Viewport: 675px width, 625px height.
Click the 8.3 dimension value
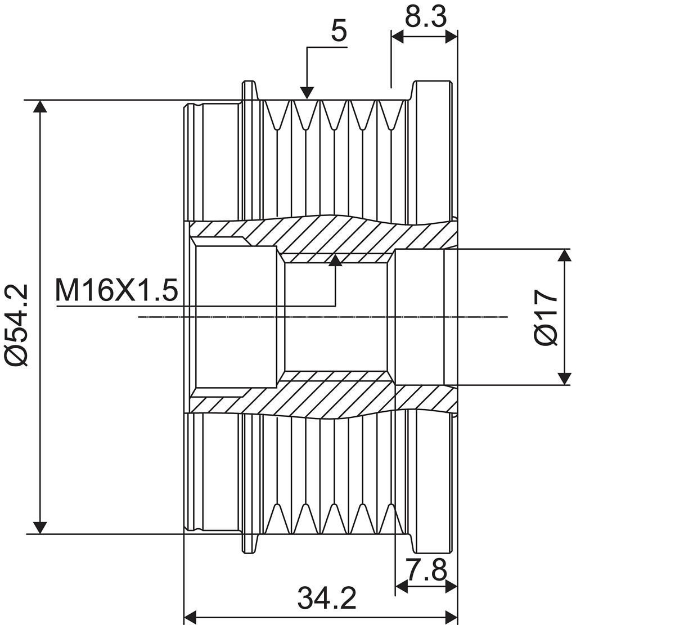point(425,17)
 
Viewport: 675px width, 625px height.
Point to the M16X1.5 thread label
point(116,290)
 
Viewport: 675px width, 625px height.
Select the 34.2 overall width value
point(327,599)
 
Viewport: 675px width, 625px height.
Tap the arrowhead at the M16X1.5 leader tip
point(335,260)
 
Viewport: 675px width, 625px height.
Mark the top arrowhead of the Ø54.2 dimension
point(40,106)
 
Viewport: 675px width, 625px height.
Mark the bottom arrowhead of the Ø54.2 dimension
point(40,528)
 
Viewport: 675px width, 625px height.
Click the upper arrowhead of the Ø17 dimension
point(565,255)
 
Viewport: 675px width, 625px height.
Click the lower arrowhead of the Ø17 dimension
point(565,379)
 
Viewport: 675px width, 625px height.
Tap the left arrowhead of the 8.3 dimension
point(398,37)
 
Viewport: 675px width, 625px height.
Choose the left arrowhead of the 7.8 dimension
point(402,586)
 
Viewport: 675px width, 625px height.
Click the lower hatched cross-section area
point(323,395)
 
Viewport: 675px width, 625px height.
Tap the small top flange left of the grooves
point(249,91)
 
